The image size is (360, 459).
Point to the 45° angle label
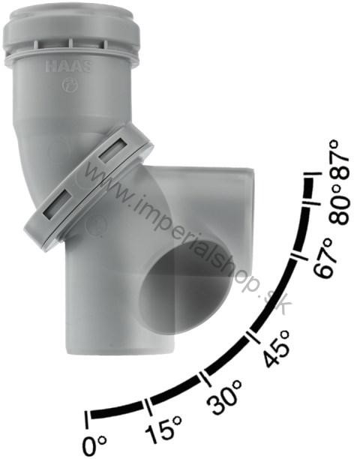click(277, 348)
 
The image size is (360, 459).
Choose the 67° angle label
click(324, 257)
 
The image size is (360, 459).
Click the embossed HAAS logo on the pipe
click(69, 67)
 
